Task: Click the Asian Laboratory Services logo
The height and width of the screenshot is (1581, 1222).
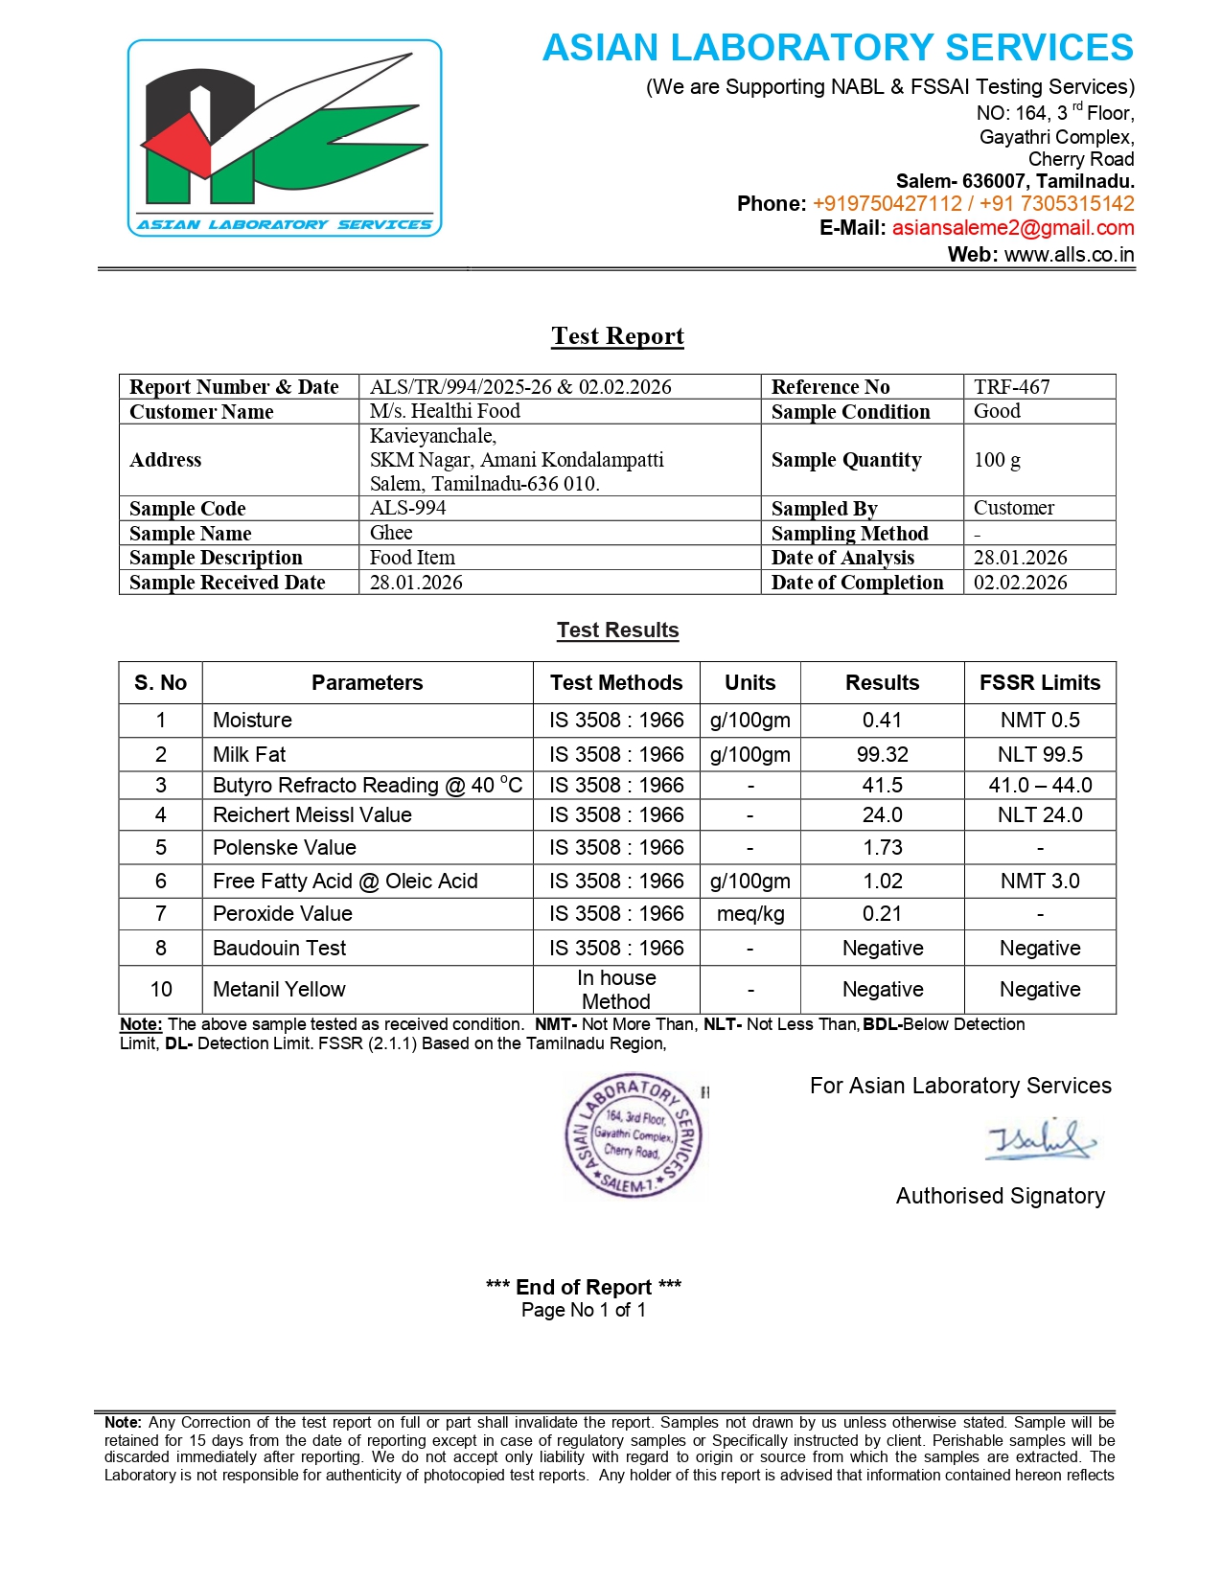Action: pyautogui.click(x=285, y=138)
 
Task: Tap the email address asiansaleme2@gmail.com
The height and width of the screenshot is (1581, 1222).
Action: pyautogui.click(x=1013, y=228)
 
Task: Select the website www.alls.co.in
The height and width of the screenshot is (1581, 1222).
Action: pyautogui.click(x=1069, y=255)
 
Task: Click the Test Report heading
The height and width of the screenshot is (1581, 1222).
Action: pyautogui.click(x=617, y=336)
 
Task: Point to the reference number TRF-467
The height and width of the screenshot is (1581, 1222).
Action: pyautogui.click(x=1011, y=387)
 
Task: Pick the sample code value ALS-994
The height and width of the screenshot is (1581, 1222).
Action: pyautogui.click(x=407, y=508)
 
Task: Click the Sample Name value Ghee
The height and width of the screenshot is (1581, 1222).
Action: pyautogui.click(x=391, y=533)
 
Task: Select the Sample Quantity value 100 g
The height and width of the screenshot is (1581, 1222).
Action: pyautogui.click(x=997, y=460)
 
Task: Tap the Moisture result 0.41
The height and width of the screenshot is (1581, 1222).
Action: pyautogui.click(x=882, y=721)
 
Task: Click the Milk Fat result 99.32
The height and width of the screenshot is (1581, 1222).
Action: pyautogui.click(x=882, y=755)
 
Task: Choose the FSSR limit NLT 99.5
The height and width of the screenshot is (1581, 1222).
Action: pyautogui.click(x=1040, y=755)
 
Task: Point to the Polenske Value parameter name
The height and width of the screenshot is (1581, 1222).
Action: pyautogui.click(x=284, y=848)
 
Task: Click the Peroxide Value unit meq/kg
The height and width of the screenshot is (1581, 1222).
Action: pyautogui.click(x=750, y=914)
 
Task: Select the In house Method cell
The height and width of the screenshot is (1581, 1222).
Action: pyautogui.click(x=616, y=990)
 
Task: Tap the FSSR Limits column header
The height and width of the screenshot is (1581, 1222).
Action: pyautogui.click(x=1040, y=683)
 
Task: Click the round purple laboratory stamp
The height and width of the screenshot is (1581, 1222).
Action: pyautogui.click(x=634, y=1136)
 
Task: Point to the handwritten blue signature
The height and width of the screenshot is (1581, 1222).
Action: pyautogui.click(x=1041, y=1140)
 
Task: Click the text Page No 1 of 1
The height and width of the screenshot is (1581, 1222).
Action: pyautogui.click(x=584, y=1310)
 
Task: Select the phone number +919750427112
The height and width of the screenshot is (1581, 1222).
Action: pyautogui.click(x=887, y=204)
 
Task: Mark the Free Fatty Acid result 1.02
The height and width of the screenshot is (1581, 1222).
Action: pyautogui.click(x=882, y=882)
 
